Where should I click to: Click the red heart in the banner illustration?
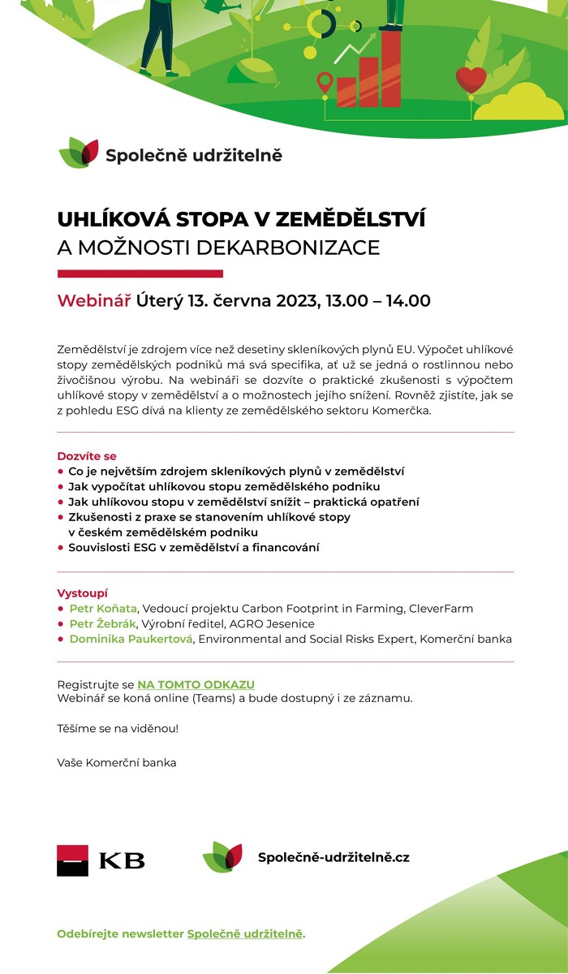471,79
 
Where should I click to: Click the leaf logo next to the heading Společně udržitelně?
78,153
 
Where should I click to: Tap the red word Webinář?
93,300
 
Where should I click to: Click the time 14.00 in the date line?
408,300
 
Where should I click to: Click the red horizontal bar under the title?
140,274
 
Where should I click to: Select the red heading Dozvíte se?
87,456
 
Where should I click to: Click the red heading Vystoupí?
82,593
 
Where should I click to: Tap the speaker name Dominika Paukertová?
131,639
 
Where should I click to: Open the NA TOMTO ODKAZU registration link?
196,685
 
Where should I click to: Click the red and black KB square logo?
72,860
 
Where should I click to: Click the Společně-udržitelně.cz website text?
333,857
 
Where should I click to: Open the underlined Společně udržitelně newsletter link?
245,933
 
